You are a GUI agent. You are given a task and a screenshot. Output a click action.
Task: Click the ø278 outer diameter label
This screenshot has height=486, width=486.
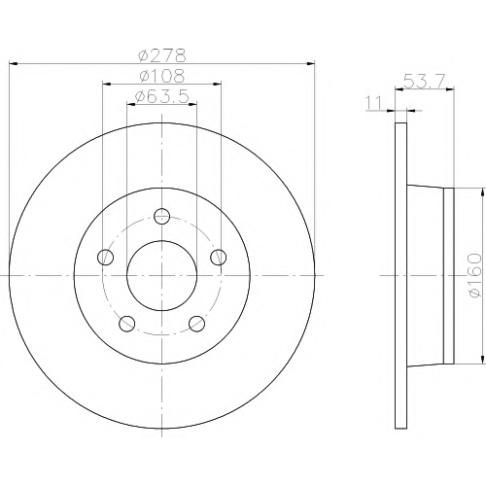162,55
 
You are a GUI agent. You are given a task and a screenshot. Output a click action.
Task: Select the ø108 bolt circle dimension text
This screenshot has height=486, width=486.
162,76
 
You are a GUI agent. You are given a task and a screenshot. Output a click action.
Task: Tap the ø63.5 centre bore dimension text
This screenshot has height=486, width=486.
161,96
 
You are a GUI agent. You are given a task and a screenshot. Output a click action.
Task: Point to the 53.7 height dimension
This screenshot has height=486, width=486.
425,81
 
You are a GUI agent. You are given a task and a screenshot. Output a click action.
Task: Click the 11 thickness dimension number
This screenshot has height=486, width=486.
373,103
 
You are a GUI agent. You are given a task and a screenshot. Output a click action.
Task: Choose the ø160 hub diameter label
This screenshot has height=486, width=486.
475,275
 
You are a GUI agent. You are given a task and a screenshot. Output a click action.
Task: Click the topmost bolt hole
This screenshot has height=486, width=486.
161,216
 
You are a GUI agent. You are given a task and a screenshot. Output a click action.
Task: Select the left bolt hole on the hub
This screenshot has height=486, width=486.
105,258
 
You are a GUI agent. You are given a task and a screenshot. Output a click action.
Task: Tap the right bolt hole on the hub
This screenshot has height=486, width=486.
219,258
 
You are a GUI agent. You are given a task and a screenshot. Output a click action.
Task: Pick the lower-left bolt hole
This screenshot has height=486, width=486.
127,324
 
